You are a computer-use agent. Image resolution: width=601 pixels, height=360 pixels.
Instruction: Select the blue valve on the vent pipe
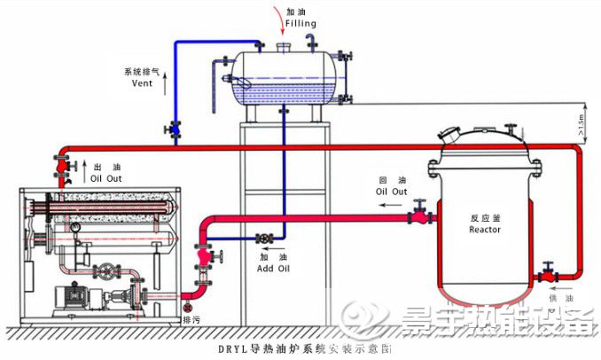tap(174, 130)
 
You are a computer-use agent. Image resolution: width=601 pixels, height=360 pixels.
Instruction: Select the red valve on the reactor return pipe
tap(418, 214)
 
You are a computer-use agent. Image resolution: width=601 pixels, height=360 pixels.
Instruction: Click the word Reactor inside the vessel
tap(484, 230)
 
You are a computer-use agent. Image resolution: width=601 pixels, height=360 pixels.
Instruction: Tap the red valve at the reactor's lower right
tap(549, 270)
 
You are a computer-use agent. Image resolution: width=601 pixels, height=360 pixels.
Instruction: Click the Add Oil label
tap(271, 267)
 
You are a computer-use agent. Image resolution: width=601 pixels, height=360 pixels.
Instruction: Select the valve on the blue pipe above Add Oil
tap(263, 239)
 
